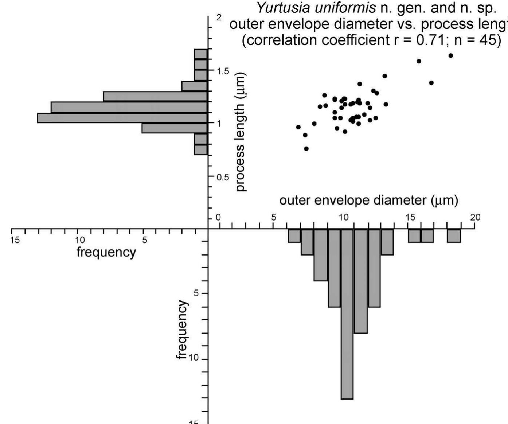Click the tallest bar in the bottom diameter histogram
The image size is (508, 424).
[x=347, y=314]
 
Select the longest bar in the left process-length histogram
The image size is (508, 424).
[x=122, y=118]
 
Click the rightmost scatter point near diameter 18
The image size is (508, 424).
[x=451, y=55]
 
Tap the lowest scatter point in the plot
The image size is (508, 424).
[x=306, y=149]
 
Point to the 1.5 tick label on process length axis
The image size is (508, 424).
[x=223, y=71]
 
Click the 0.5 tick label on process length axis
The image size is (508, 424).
[x=223, y=178]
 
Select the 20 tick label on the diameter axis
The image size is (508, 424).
[x=476, y=218]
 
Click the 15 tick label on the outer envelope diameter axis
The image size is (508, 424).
[x=410, y=218]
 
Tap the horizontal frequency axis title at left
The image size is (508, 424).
[x=106, y=252]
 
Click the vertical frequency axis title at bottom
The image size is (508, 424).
[x=182, y=330]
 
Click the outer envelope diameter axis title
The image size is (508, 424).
[x=368, y=200]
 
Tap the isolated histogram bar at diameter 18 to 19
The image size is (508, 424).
[x=454, y=236]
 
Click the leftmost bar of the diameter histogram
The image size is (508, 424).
[x=294, y=236]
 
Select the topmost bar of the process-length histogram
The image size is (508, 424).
[x=201, y=54]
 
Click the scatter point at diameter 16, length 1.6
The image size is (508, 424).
[x=419, y=61]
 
